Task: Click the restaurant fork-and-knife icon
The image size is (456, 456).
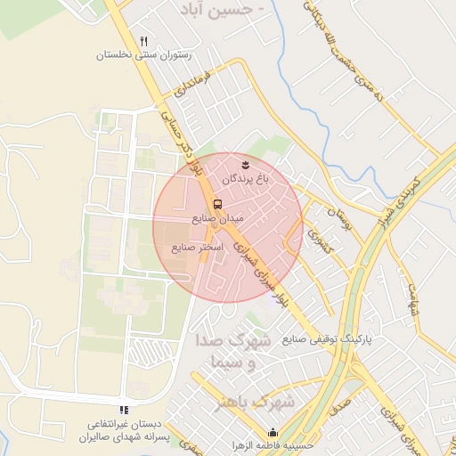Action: (144, 41)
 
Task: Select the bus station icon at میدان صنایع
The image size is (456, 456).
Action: (218, 204)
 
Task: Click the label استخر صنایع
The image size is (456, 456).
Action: (197, 247)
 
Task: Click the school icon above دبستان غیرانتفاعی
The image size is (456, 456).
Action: (124, 410)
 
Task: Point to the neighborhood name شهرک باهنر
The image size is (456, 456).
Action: (255, 403)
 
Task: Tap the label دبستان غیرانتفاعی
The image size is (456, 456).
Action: (125, 425)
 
